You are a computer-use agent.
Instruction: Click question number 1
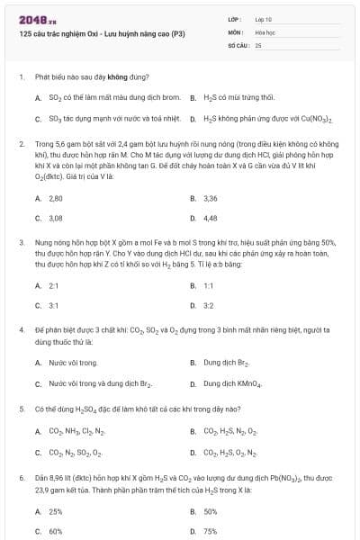pos(21,77)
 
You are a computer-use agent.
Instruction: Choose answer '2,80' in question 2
pos(55,198)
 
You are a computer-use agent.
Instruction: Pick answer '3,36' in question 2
pos(211,198)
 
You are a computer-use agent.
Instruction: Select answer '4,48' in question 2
pos(211,218)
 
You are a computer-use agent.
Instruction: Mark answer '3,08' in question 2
pos(55,218)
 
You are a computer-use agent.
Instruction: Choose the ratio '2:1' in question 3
pos(53,285)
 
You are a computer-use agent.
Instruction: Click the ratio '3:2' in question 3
pos(209,306)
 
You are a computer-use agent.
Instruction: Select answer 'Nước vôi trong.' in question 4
pos(73,363)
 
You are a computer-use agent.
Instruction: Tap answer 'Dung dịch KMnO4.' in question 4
pos(232,383)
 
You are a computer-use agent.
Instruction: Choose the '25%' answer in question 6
pos(55,510)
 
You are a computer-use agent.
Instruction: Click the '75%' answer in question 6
pos(211,531)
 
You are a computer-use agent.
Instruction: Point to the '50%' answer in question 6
pos(211,510)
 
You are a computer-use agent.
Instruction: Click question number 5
pos(21,408)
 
